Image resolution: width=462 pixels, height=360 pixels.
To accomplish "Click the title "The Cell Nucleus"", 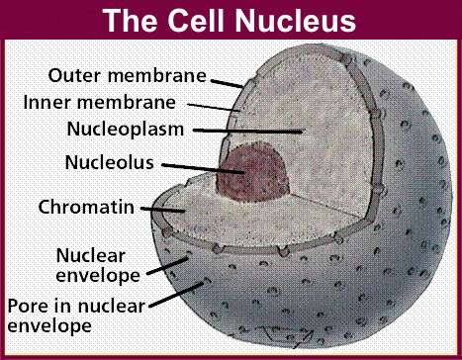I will click(x=230, y=20).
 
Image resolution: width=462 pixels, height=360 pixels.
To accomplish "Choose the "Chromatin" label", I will click(x=86, y=208).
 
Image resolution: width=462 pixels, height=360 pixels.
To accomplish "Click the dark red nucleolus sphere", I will click(x=254, y=174).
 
